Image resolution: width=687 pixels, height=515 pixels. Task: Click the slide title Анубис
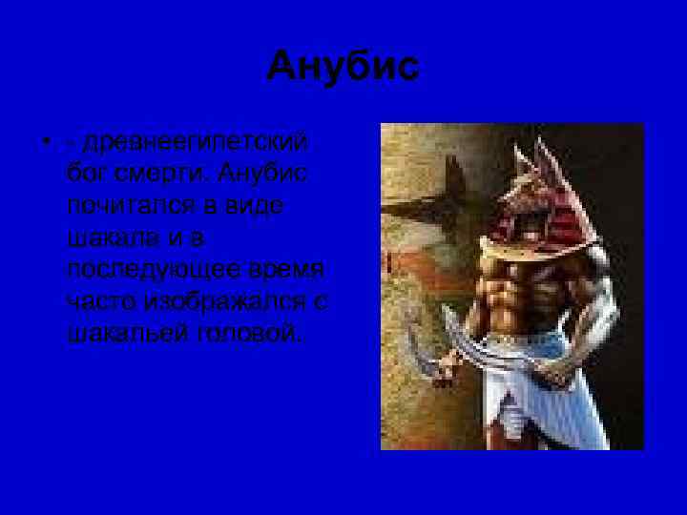(343, 67)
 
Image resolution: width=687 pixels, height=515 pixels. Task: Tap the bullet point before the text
(45, 146)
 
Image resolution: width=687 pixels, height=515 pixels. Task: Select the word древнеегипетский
(197, 143)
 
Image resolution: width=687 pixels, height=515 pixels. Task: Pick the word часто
(101, 299)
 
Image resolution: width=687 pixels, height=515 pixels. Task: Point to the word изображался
(228, 299)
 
